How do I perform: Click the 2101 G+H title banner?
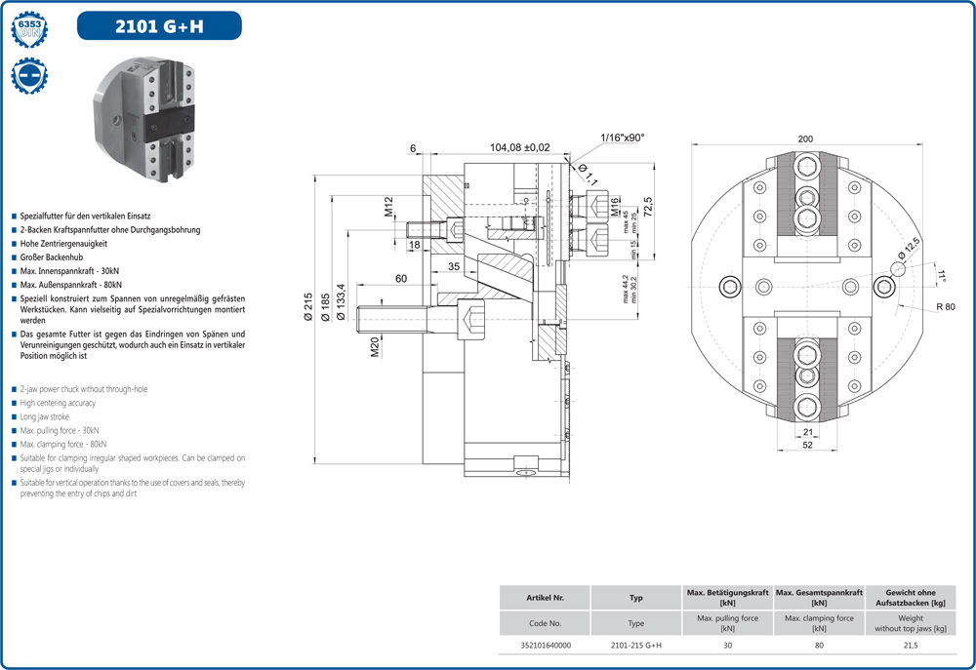pos(159,26)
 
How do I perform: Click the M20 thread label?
pos(375,347)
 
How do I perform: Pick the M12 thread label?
pos(387,206)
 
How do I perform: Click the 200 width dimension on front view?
pos(805,139)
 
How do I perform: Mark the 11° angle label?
pos(941,277)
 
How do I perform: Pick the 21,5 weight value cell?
pos(910,645)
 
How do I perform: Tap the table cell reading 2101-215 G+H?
pos(636,645)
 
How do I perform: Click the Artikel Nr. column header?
pos(545,598)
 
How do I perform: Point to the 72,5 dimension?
pos(645,207)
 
